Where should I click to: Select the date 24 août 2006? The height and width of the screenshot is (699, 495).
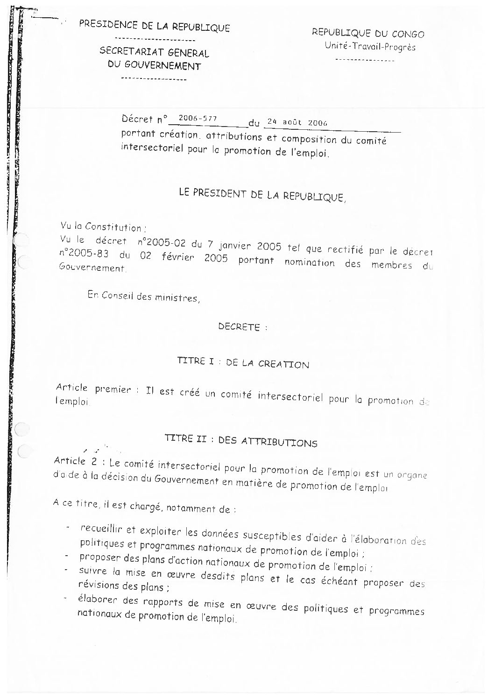[296, 122]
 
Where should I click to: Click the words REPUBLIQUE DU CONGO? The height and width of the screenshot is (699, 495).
[368, 34]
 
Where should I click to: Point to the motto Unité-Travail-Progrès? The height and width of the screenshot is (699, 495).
[369, 46]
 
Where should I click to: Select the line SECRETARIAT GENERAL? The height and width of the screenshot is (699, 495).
[154, 52]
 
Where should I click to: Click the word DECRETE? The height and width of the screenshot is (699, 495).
[239, 327]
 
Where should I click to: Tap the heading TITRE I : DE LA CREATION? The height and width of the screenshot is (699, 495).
[243, 363]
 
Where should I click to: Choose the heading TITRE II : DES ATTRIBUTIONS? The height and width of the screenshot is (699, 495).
[241, 441]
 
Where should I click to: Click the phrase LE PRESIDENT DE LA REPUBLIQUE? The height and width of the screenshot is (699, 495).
[263, 196]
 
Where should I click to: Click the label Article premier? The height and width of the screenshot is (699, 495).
[92, 388]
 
